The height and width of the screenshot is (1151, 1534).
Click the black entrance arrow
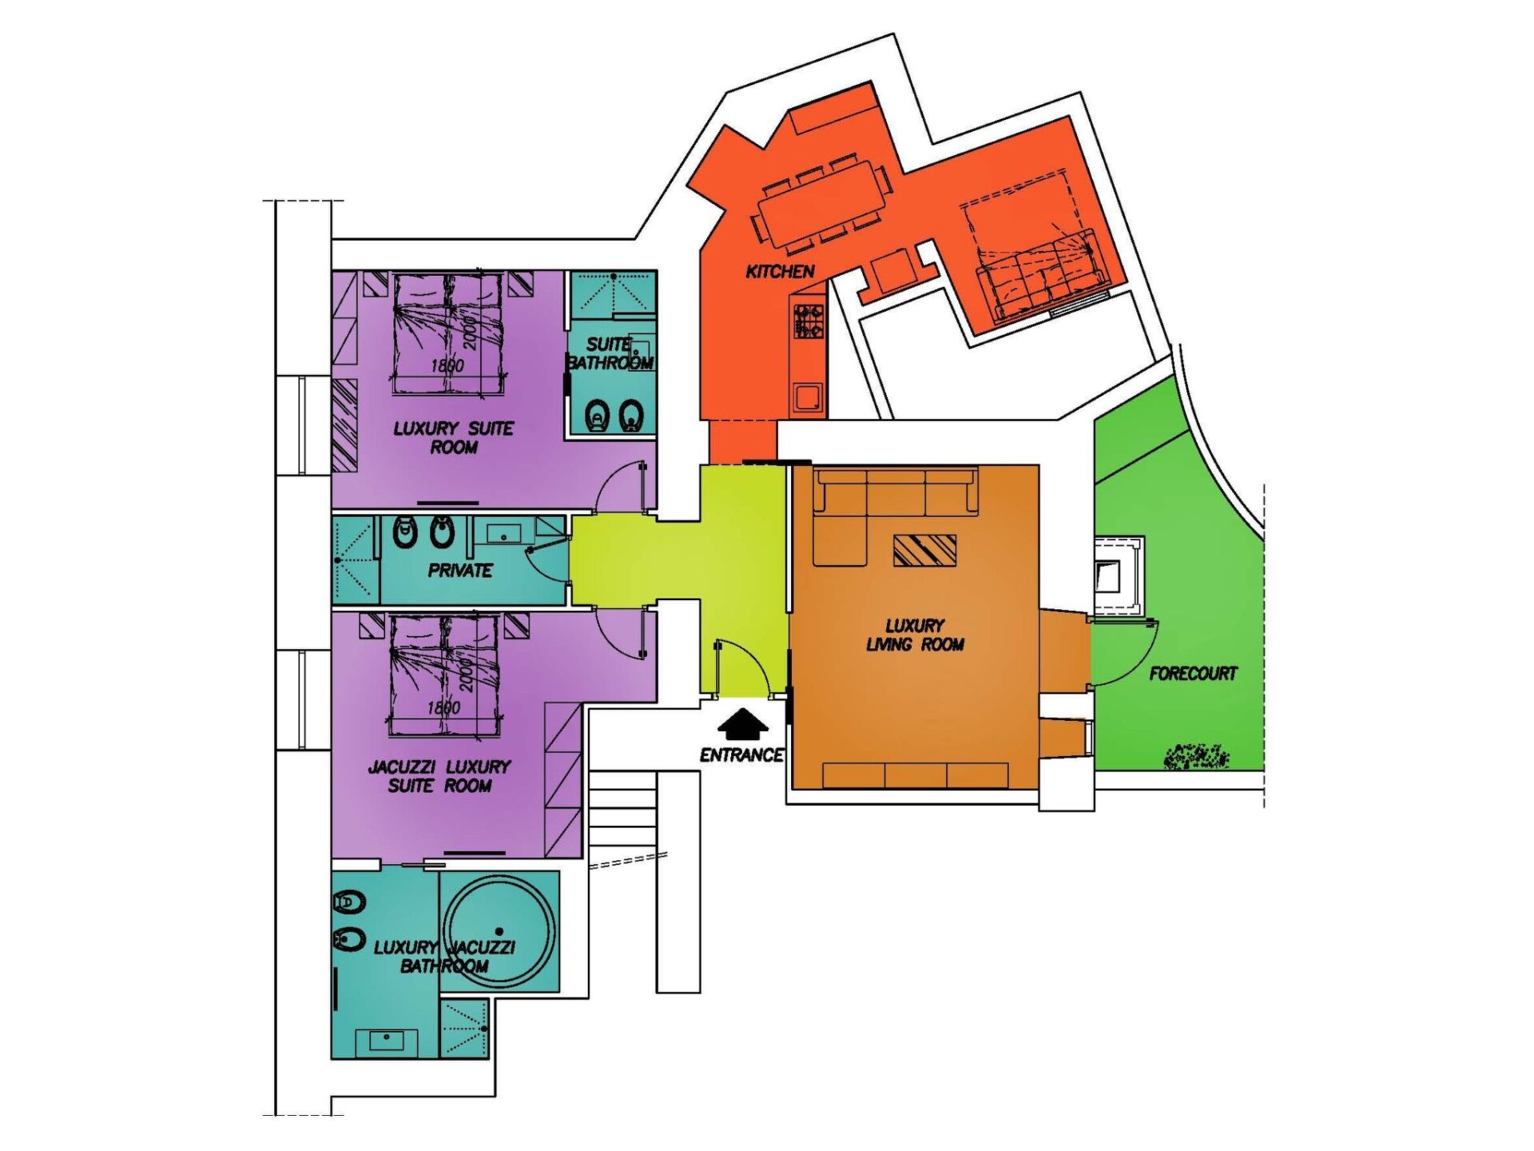tap(743, 724)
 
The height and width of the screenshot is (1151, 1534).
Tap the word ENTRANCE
tap(741, 755)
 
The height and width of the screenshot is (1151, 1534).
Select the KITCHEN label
tap(780, 272)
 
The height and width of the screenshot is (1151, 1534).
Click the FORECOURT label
tap(1193, 674)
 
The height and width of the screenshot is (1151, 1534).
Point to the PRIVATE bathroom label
tap(460, 571)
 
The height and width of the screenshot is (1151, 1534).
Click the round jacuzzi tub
tap(499, 932)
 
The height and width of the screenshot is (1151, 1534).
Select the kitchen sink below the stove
tap(808, 397)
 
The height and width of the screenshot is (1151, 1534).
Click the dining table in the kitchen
tap(821, 205)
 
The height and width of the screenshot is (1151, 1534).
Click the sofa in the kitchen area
tap(1043, 276)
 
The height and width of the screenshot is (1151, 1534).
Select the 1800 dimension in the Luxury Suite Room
tap(447, 366)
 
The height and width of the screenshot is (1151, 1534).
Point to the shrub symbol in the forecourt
tap(1196, 756)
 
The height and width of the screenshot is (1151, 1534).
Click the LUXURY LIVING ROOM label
tap(915, 635)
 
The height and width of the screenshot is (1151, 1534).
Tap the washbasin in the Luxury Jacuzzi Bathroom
tap(387, 1041)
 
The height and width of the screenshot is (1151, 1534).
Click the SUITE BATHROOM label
tap(610, 353)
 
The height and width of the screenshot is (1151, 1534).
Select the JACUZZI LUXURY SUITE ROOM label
tap(439, 776)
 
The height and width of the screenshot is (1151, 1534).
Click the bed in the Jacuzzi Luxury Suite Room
tap(446, 675)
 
